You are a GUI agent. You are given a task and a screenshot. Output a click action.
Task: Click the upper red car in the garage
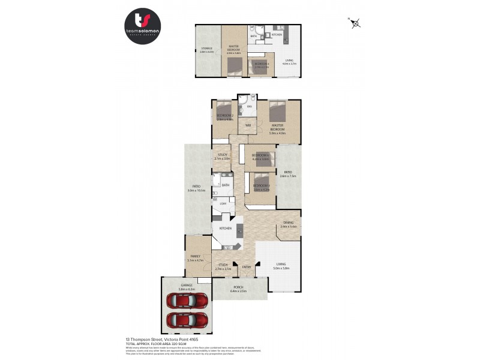[x=188, y=299]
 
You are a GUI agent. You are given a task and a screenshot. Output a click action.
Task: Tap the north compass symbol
[x=355, y=23]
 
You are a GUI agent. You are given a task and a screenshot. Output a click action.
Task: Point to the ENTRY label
[x=247, y=266]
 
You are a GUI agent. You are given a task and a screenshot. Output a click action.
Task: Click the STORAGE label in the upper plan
[x=208, y=48]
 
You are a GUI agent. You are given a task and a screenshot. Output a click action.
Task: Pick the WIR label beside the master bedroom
[x=248, y=125]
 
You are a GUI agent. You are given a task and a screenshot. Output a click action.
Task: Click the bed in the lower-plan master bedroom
[x=278, y=112]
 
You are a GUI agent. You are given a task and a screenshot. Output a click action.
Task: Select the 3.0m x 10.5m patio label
[x=196, y=188]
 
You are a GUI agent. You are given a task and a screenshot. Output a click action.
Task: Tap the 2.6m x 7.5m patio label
[x=289, y=175]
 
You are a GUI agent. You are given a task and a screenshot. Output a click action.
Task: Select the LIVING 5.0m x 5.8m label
[x=281, y=266]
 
